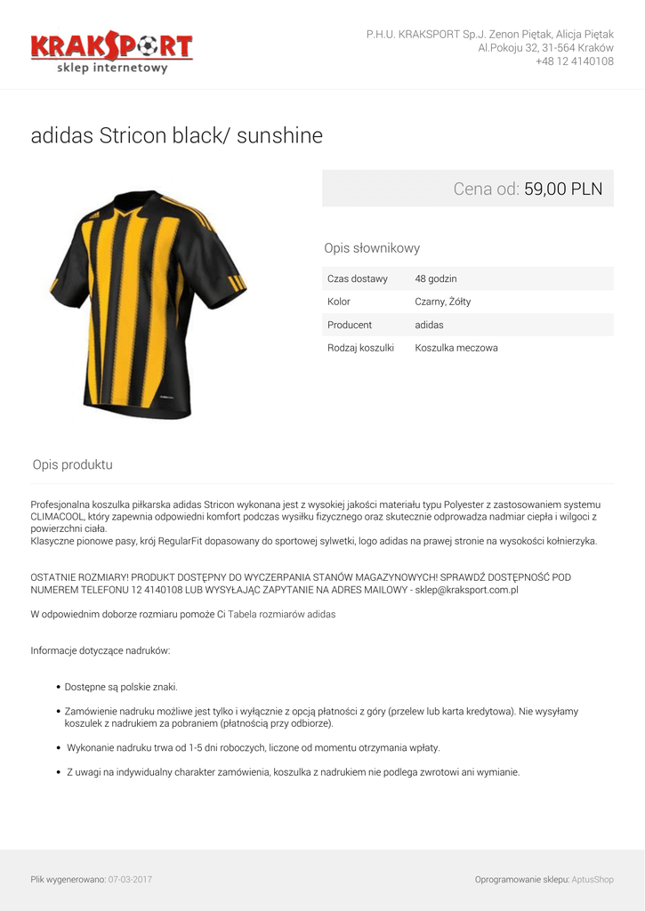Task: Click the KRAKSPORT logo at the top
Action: click(x=111, y=52)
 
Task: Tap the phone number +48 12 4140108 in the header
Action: click(x=574, y=61)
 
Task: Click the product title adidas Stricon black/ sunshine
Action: click(x=177, y=136)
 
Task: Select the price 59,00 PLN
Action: click(x=563, y=189)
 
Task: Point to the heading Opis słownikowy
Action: click(x=372, y=248)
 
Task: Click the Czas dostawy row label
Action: click(x=358, y=278)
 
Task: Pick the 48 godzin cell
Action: click(x=436, y=278)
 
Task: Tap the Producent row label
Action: click(x=350, y=325)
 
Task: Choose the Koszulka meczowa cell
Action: click(x=456, y=348)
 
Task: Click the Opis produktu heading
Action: click(x=73, y=464)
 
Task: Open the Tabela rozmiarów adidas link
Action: click(x=282, y=614)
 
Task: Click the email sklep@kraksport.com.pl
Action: click(x=464, y=590)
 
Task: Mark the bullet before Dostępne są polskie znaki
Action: click(x=58, y=687)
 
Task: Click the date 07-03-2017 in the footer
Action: click(x=130, y=879)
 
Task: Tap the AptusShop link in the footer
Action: click(x=593, y=879)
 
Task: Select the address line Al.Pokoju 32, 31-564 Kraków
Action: click(x=545, y=48)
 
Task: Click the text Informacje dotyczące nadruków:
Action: click(x=101, y=650)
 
